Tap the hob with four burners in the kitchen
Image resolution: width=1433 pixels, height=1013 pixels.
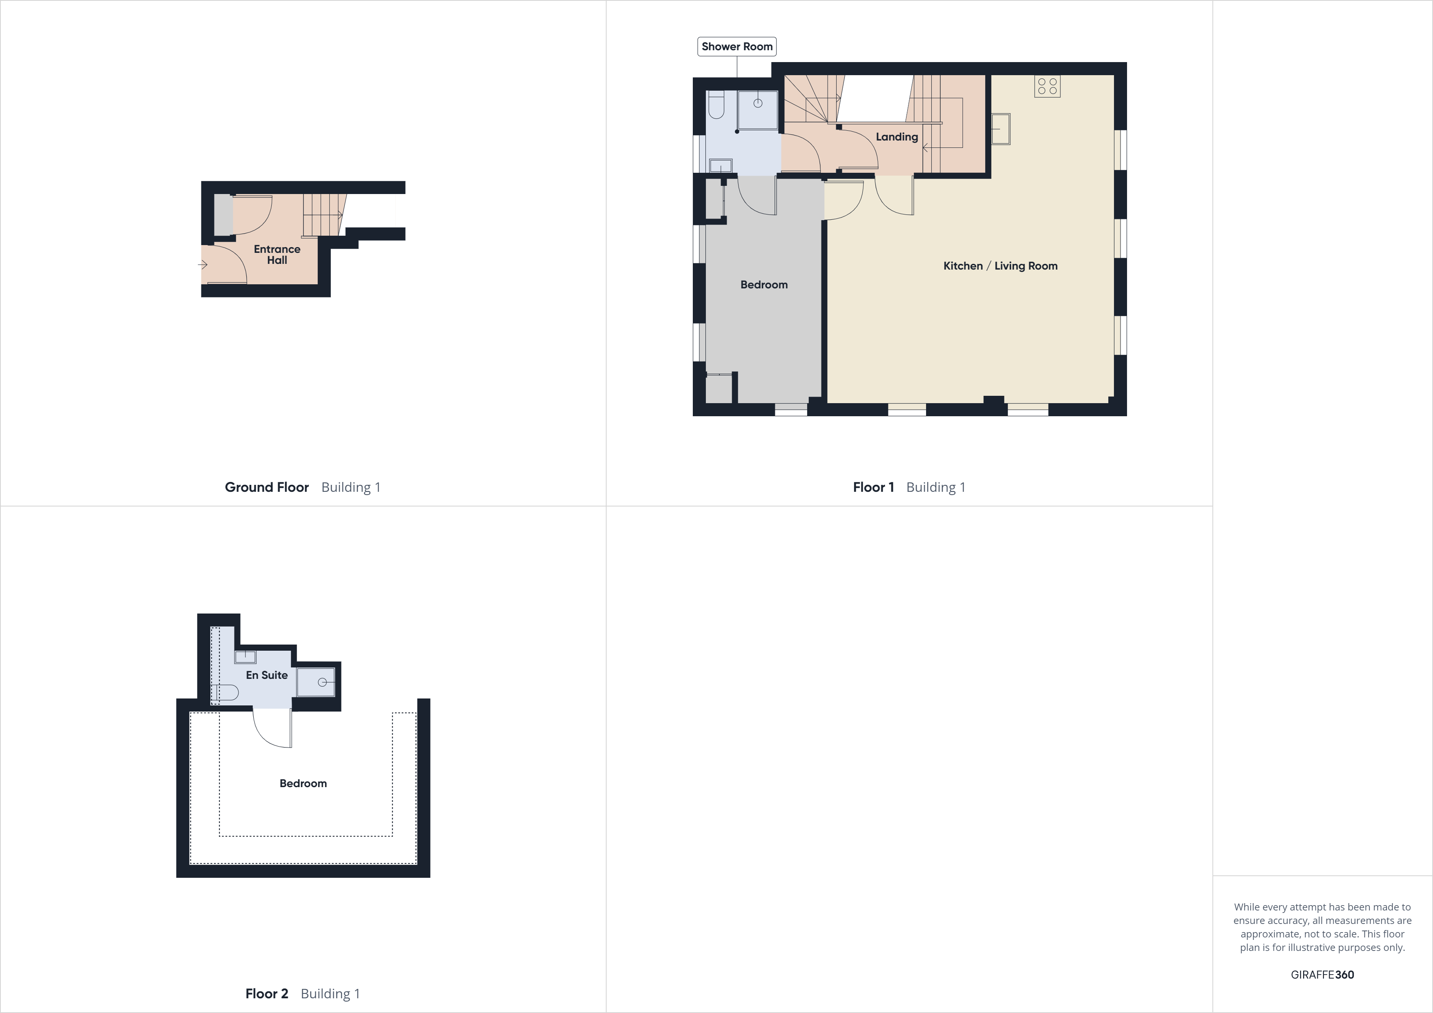[x=1047, y=86]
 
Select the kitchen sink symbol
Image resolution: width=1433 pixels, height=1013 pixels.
[x=1000, y=129]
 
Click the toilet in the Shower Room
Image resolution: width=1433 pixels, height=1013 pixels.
[x=716, y=105]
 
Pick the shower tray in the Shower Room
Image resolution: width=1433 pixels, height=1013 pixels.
[x=758, y=110]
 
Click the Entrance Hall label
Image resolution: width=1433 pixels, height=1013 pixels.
[x=277, y=254]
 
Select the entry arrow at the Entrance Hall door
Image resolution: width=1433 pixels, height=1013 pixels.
[x=203, y=265]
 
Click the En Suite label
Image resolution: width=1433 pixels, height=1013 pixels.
[x=266, y=675]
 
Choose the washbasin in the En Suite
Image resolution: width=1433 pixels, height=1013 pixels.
[x=245, y=656]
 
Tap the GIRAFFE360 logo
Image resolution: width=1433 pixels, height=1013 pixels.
[x=1322, y=974]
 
